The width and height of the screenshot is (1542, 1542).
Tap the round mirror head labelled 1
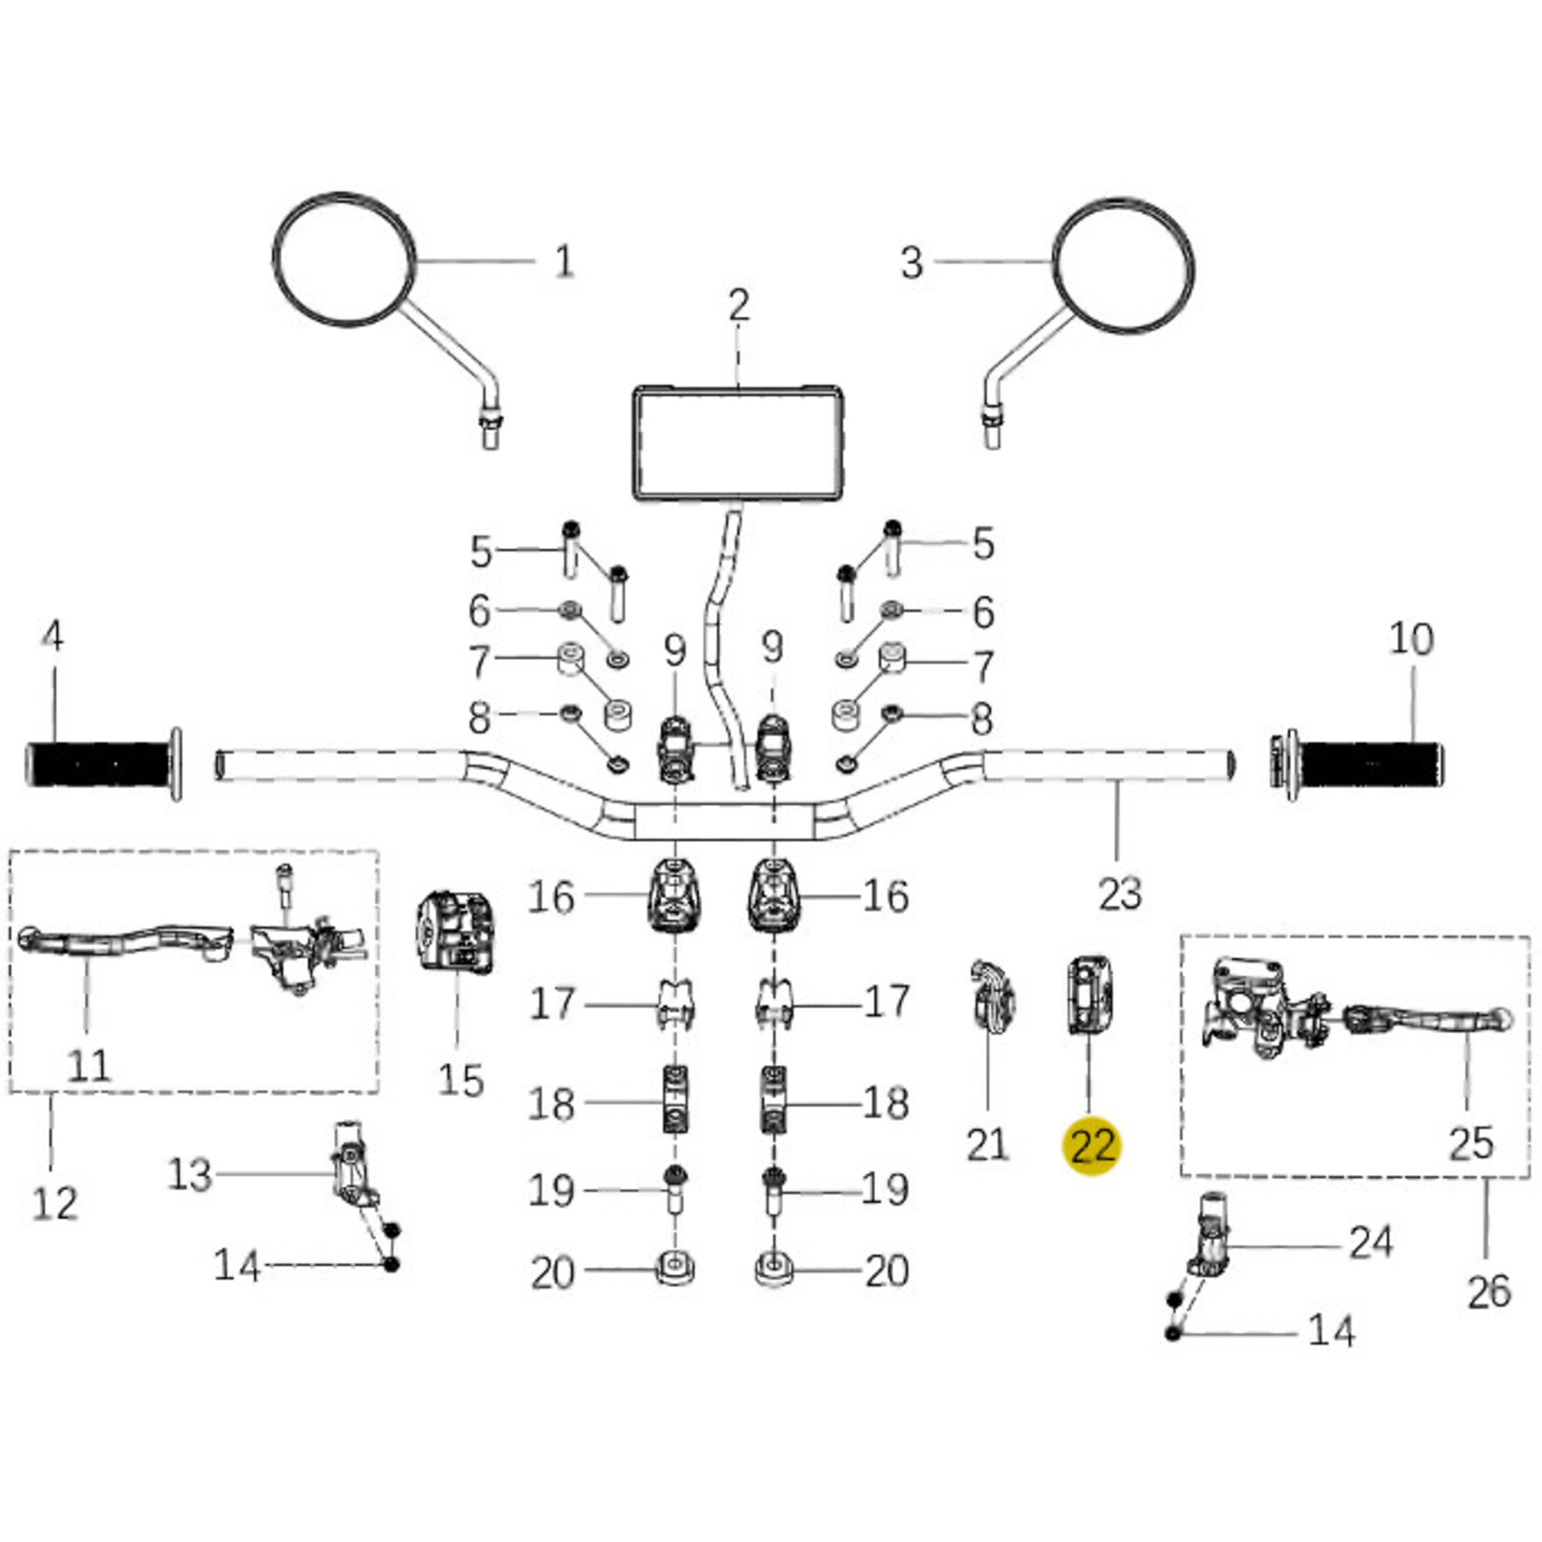click(x=344, y=260)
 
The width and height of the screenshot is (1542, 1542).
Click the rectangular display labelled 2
click(x=738, y=444)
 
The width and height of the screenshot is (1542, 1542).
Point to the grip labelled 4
click(x=101, y=764)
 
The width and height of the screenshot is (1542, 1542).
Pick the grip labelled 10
click(x=1368, y=764)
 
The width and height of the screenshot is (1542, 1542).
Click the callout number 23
click(x=1119, y=893)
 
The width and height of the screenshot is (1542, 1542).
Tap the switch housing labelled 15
click(x=454, y=932)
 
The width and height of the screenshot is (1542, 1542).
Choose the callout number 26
click(x=1488, y=1293)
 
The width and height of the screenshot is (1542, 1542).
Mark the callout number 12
click(x=54, y=1203)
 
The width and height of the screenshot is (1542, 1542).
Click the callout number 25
click(x=1471, y=1143)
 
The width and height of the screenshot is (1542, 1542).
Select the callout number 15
click(x=460, y=1081)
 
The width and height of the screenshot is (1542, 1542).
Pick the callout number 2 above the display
click(x=738, y=306)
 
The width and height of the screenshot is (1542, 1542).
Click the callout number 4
click(x=53, y=637)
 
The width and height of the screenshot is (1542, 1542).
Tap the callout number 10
click(x=1410, y=639)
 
